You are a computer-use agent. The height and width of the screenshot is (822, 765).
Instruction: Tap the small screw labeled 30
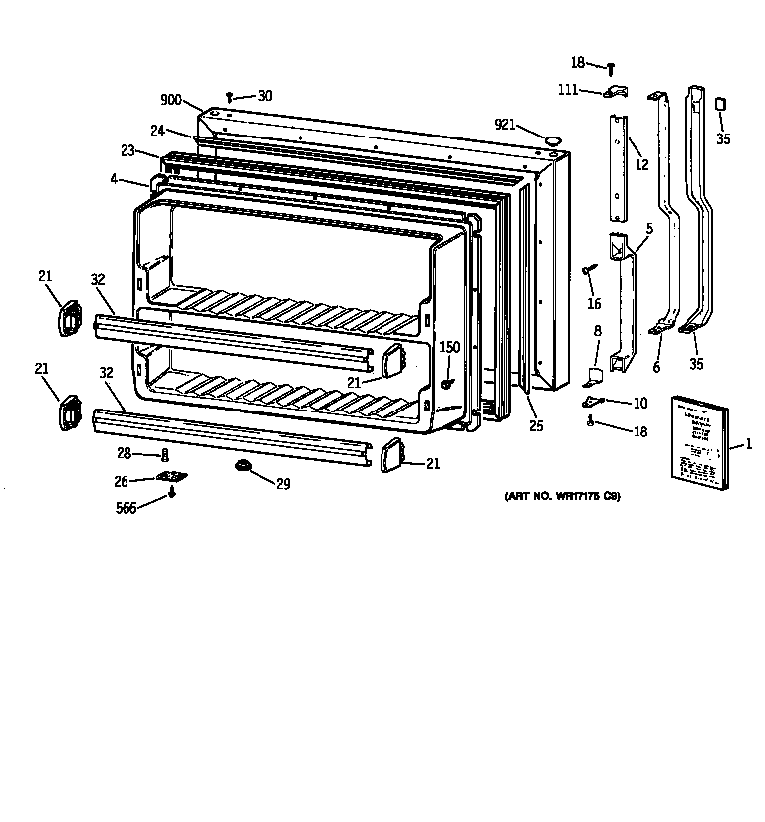pos(230,97)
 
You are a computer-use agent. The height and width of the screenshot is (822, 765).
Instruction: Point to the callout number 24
pos(157,130)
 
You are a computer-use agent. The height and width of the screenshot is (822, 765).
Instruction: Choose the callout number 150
pos(450,347)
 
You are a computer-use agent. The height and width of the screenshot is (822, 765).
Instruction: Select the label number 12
pos(642,165)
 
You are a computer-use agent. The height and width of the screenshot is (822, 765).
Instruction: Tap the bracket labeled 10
pos(595,401)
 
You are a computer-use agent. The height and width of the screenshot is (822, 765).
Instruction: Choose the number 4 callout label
pos(115,180)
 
